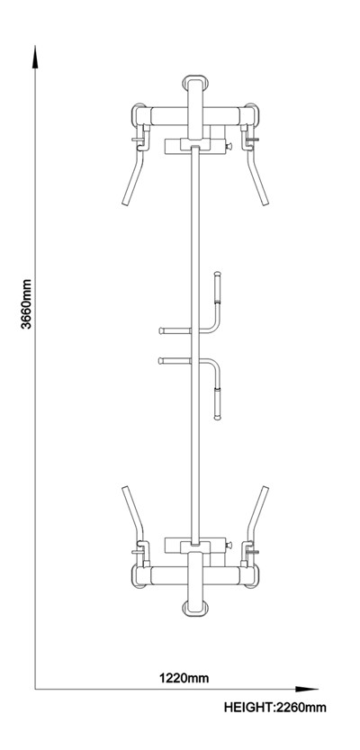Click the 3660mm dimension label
(x=26, y=304)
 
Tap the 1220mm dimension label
(x=184, y=677)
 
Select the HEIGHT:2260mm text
(x=275, y=707)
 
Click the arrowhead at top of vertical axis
(x=35, y=57)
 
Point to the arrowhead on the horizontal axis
(x=307, y=690)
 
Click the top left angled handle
(x=133, y=175)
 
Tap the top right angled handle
(x=257, y=175)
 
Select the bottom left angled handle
(x=133, y=517)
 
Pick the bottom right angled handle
(x=257, y=517)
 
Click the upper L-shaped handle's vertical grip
(x=217, y=288)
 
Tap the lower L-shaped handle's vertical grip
(x=217, y=402)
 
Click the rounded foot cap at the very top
(x=195, y=82)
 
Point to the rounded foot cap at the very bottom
(x=195, y=609)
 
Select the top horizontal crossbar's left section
(x=169, y=116)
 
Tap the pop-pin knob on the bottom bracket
(x=229, y=545)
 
